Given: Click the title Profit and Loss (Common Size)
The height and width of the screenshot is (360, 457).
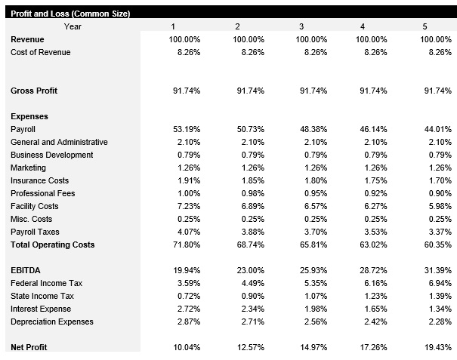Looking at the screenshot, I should [x=70, y=14].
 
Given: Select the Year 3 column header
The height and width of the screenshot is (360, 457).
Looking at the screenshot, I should [x=301, y=26].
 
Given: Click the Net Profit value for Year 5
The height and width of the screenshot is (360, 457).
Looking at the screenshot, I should [x=436, y=346].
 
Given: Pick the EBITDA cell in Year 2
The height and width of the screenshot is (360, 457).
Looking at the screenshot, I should [x=249, y=270].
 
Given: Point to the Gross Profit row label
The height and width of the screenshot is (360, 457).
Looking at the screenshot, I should [x=34, y=91].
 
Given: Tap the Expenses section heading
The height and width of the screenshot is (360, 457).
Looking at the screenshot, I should [x=29, y=116].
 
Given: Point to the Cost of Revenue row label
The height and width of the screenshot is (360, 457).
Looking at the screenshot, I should [x=41, y=52].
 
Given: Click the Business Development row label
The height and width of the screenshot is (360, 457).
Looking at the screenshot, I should [x=52, y=155].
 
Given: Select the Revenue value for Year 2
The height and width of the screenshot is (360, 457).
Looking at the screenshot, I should [x=249, y=39].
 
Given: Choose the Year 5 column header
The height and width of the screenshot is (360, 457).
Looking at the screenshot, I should [x=425, y=26].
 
